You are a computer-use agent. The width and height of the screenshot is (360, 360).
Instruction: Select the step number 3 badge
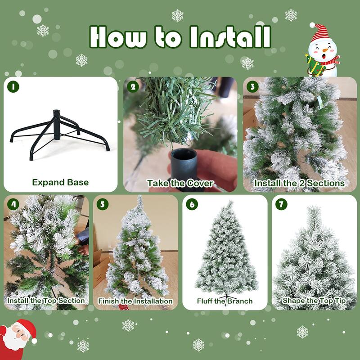coord(252,86)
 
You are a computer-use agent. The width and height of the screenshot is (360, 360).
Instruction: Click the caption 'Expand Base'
coord(60,183)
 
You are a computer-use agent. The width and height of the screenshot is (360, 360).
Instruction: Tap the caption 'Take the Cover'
coord(180,183)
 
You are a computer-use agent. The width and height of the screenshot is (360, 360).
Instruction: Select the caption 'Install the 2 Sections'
coord(300,183)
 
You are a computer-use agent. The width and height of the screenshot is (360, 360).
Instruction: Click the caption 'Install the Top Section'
coord(46,300)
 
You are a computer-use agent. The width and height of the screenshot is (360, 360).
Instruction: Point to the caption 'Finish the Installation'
coord(135,301)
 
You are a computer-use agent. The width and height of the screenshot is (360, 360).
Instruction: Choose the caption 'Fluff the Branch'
coord(225,301)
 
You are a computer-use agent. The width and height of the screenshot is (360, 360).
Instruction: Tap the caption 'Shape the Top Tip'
coord(314,300)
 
